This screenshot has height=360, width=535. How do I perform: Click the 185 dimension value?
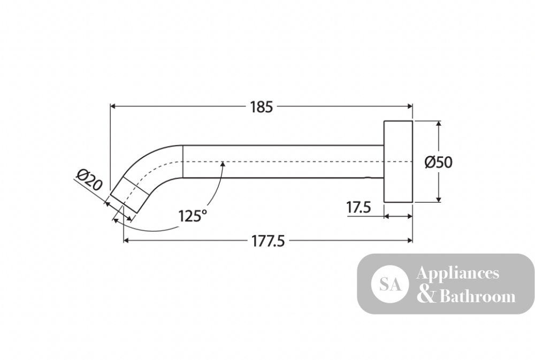[262, 107]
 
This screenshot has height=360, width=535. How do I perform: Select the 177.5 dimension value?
[268, 242]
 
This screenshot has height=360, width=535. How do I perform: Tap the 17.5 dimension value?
[358, 207]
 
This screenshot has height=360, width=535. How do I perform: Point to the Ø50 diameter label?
[439, 162]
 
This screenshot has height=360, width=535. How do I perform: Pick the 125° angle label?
[193, 216]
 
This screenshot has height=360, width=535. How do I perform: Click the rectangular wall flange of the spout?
[398, 162]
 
